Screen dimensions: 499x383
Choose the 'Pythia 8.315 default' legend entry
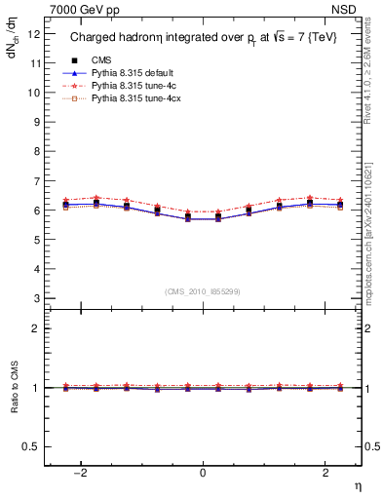click(x=131, y=73)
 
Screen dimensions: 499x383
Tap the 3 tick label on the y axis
click(x=37, y=298)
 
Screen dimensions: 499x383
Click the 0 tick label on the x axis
click(x=203, y=473)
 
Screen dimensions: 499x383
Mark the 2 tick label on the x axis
click(x=322, y=473)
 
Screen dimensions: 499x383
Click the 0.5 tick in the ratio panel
click(x=32, y=446)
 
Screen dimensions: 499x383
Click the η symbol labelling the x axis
click(x=357, y=486)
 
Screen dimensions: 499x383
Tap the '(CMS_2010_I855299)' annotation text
click(x=203, y=292)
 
